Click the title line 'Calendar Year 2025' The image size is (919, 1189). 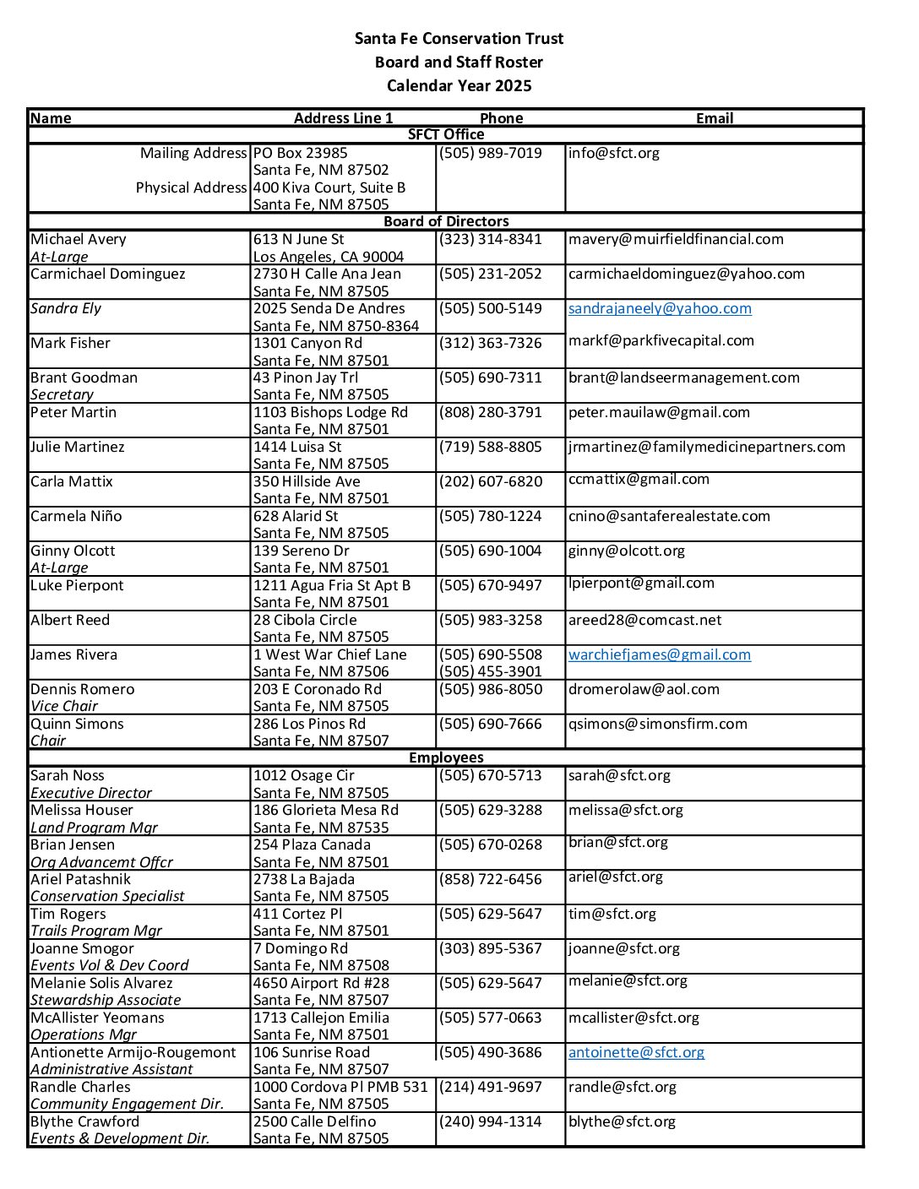[459, 85]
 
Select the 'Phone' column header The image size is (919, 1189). [501, 118]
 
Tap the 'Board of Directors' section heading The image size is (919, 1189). [446, 221]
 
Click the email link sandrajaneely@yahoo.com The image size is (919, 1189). [660, 308]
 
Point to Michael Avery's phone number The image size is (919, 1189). [490, 239]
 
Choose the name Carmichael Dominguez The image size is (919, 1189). [107, 274]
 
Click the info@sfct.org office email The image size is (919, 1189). [613, 153]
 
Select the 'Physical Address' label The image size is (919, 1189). [191, 187]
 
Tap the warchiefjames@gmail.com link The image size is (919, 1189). [659, 654]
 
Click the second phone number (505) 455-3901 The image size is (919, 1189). [490, 671]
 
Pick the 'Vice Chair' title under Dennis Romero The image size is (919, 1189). [64, 706]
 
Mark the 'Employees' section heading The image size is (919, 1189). [446, 757]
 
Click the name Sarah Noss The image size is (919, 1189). [68, 775]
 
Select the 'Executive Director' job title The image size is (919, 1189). [91, 793]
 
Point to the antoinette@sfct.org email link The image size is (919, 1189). [636, 1052]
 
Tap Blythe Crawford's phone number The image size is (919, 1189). [490, 1121]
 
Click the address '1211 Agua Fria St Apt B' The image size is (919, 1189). [332, 585]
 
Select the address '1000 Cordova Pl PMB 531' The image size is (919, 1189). [340, 1087]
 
